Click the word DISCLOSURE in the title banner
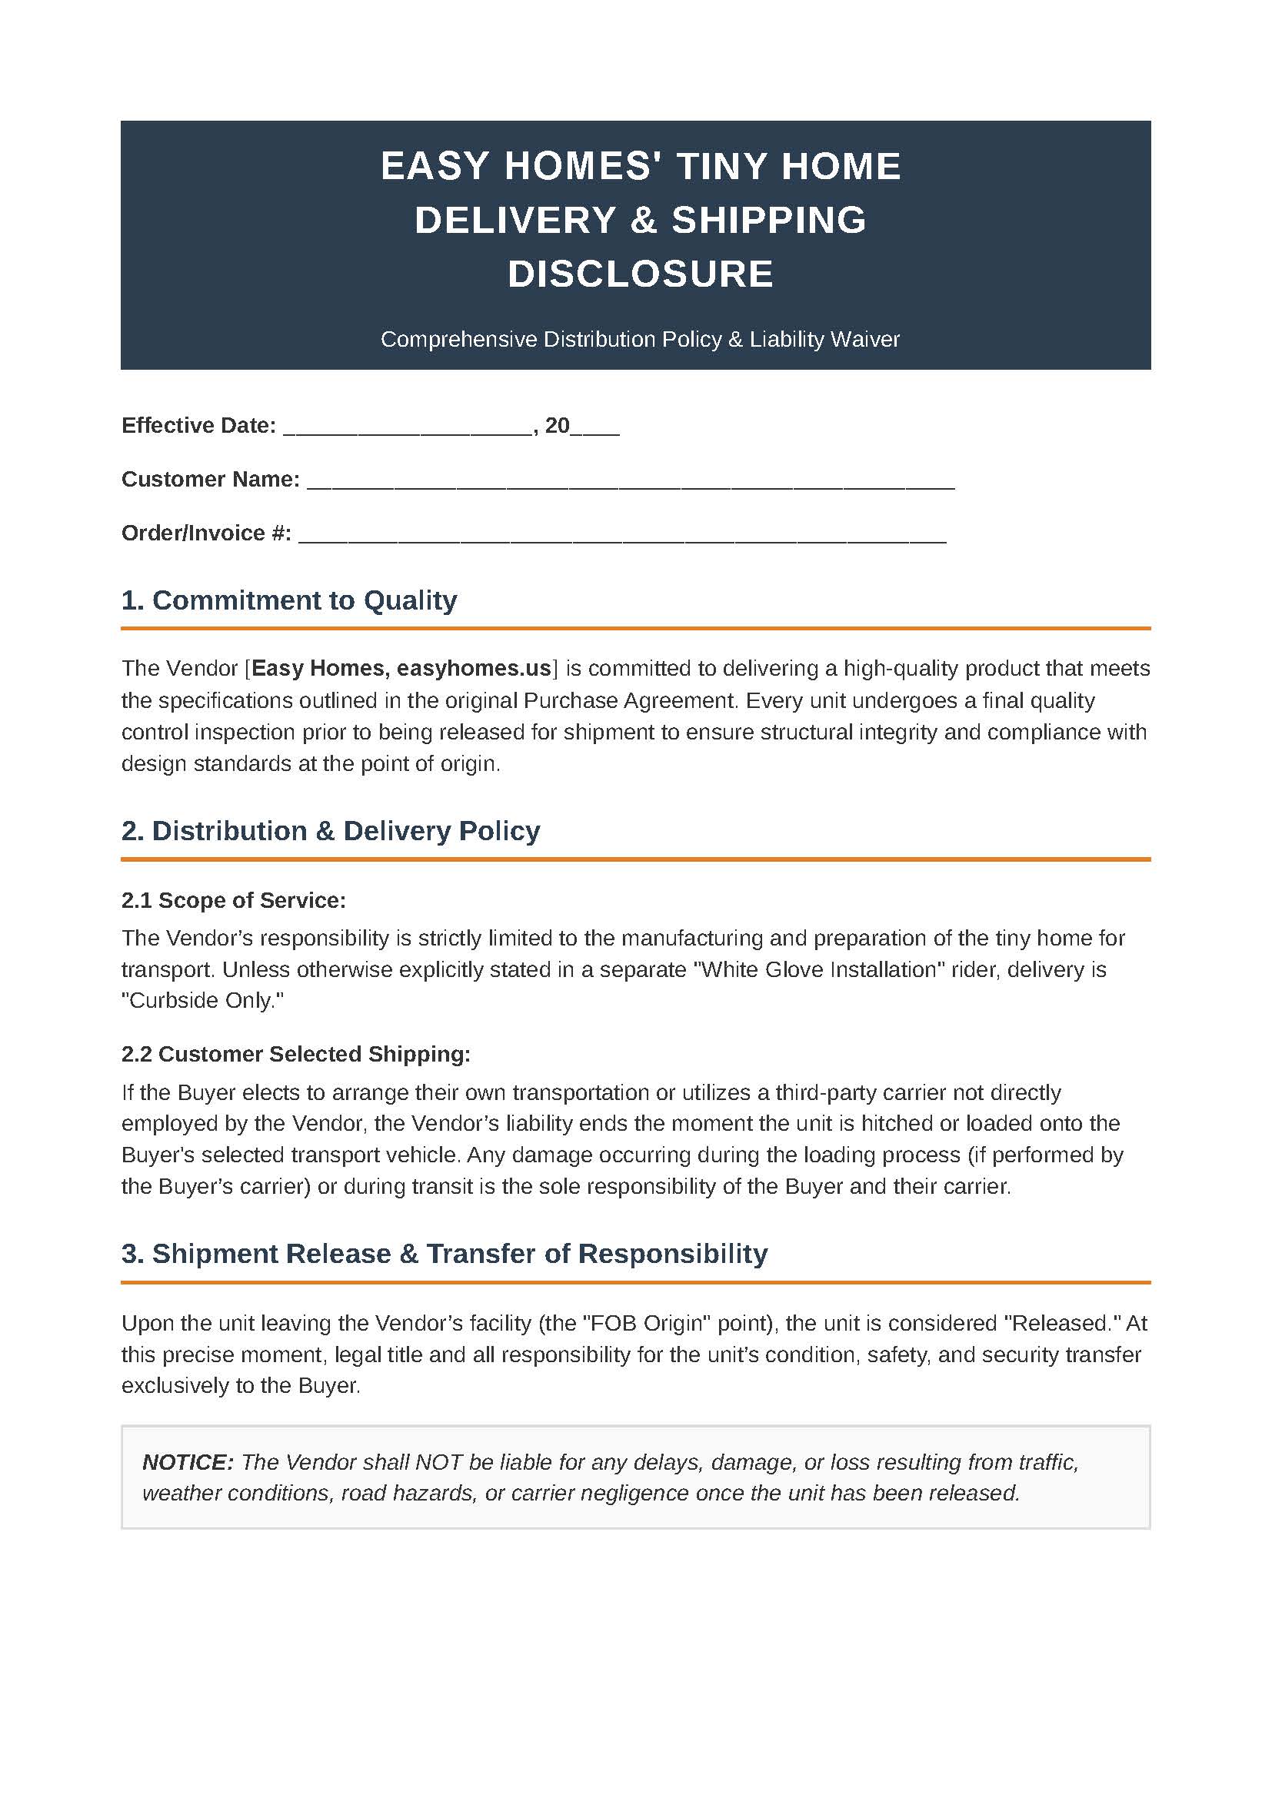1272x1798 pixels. point(640,274)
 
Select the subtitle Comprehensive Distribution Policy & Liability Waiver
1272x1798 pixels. point(640,339)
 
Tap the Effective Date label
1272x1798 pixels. point(198,425)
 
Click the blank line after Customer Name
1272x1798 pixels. point(631,480)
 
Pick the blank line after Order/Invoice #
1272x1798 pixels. point(623,535)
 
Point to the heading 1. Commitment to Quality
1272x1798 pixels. point(289,600)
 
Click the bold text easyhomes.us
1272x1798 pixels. point(474,668)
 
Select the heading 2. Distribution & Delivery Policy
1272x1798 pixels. point(331,830)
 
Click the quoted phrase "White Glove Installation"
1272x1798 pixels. point(818,969)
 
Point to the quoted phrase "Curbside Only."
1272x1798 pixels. point(202,1000)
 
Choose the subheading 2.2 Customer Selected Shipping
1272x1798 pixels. point(296,1053)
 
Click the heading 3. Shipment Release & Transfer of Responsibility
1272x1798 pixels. point(444,1253)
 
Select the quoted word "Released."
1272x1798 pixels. point(1063,1323)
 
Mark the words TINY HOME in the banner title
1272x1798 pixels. point(789,166)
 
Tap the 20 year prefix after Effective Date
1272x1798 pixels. point(557,425)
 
